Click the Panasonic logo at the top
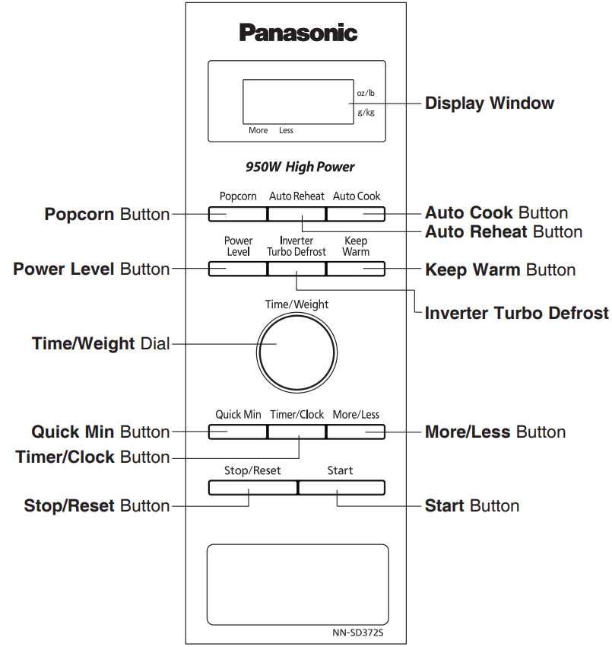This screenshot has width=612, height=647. point(298,33)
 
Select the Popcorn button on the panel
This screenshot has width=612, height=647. point(237,214)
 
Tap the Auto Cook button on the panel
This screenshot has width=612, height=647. point(356,214)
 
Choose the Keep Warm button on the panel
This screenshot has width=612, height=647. point(356,269)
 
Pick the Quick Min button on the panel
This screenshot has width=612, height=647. point(237,432)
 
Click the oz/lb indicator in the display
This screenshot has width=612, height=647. point(366,93)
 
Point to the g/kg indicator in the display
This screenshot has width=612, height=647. point(366,113)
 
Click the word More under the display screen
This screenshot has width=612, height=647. point(258,130)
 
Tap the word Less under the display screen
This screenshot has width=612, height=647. point(286,130)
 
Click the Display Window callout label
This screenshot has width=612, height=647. point(489,103)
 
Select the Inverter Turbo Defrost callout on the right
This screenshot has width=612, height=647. point(516,313)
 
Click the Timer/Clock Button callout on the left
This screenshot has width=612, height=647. point(93,457)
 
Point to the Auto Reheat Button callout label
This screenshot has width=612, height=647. point(503,231)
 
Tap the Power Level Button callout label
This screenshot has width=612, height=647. point(91,269)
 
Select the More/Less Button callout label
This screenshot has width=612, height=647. point(495,432)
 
